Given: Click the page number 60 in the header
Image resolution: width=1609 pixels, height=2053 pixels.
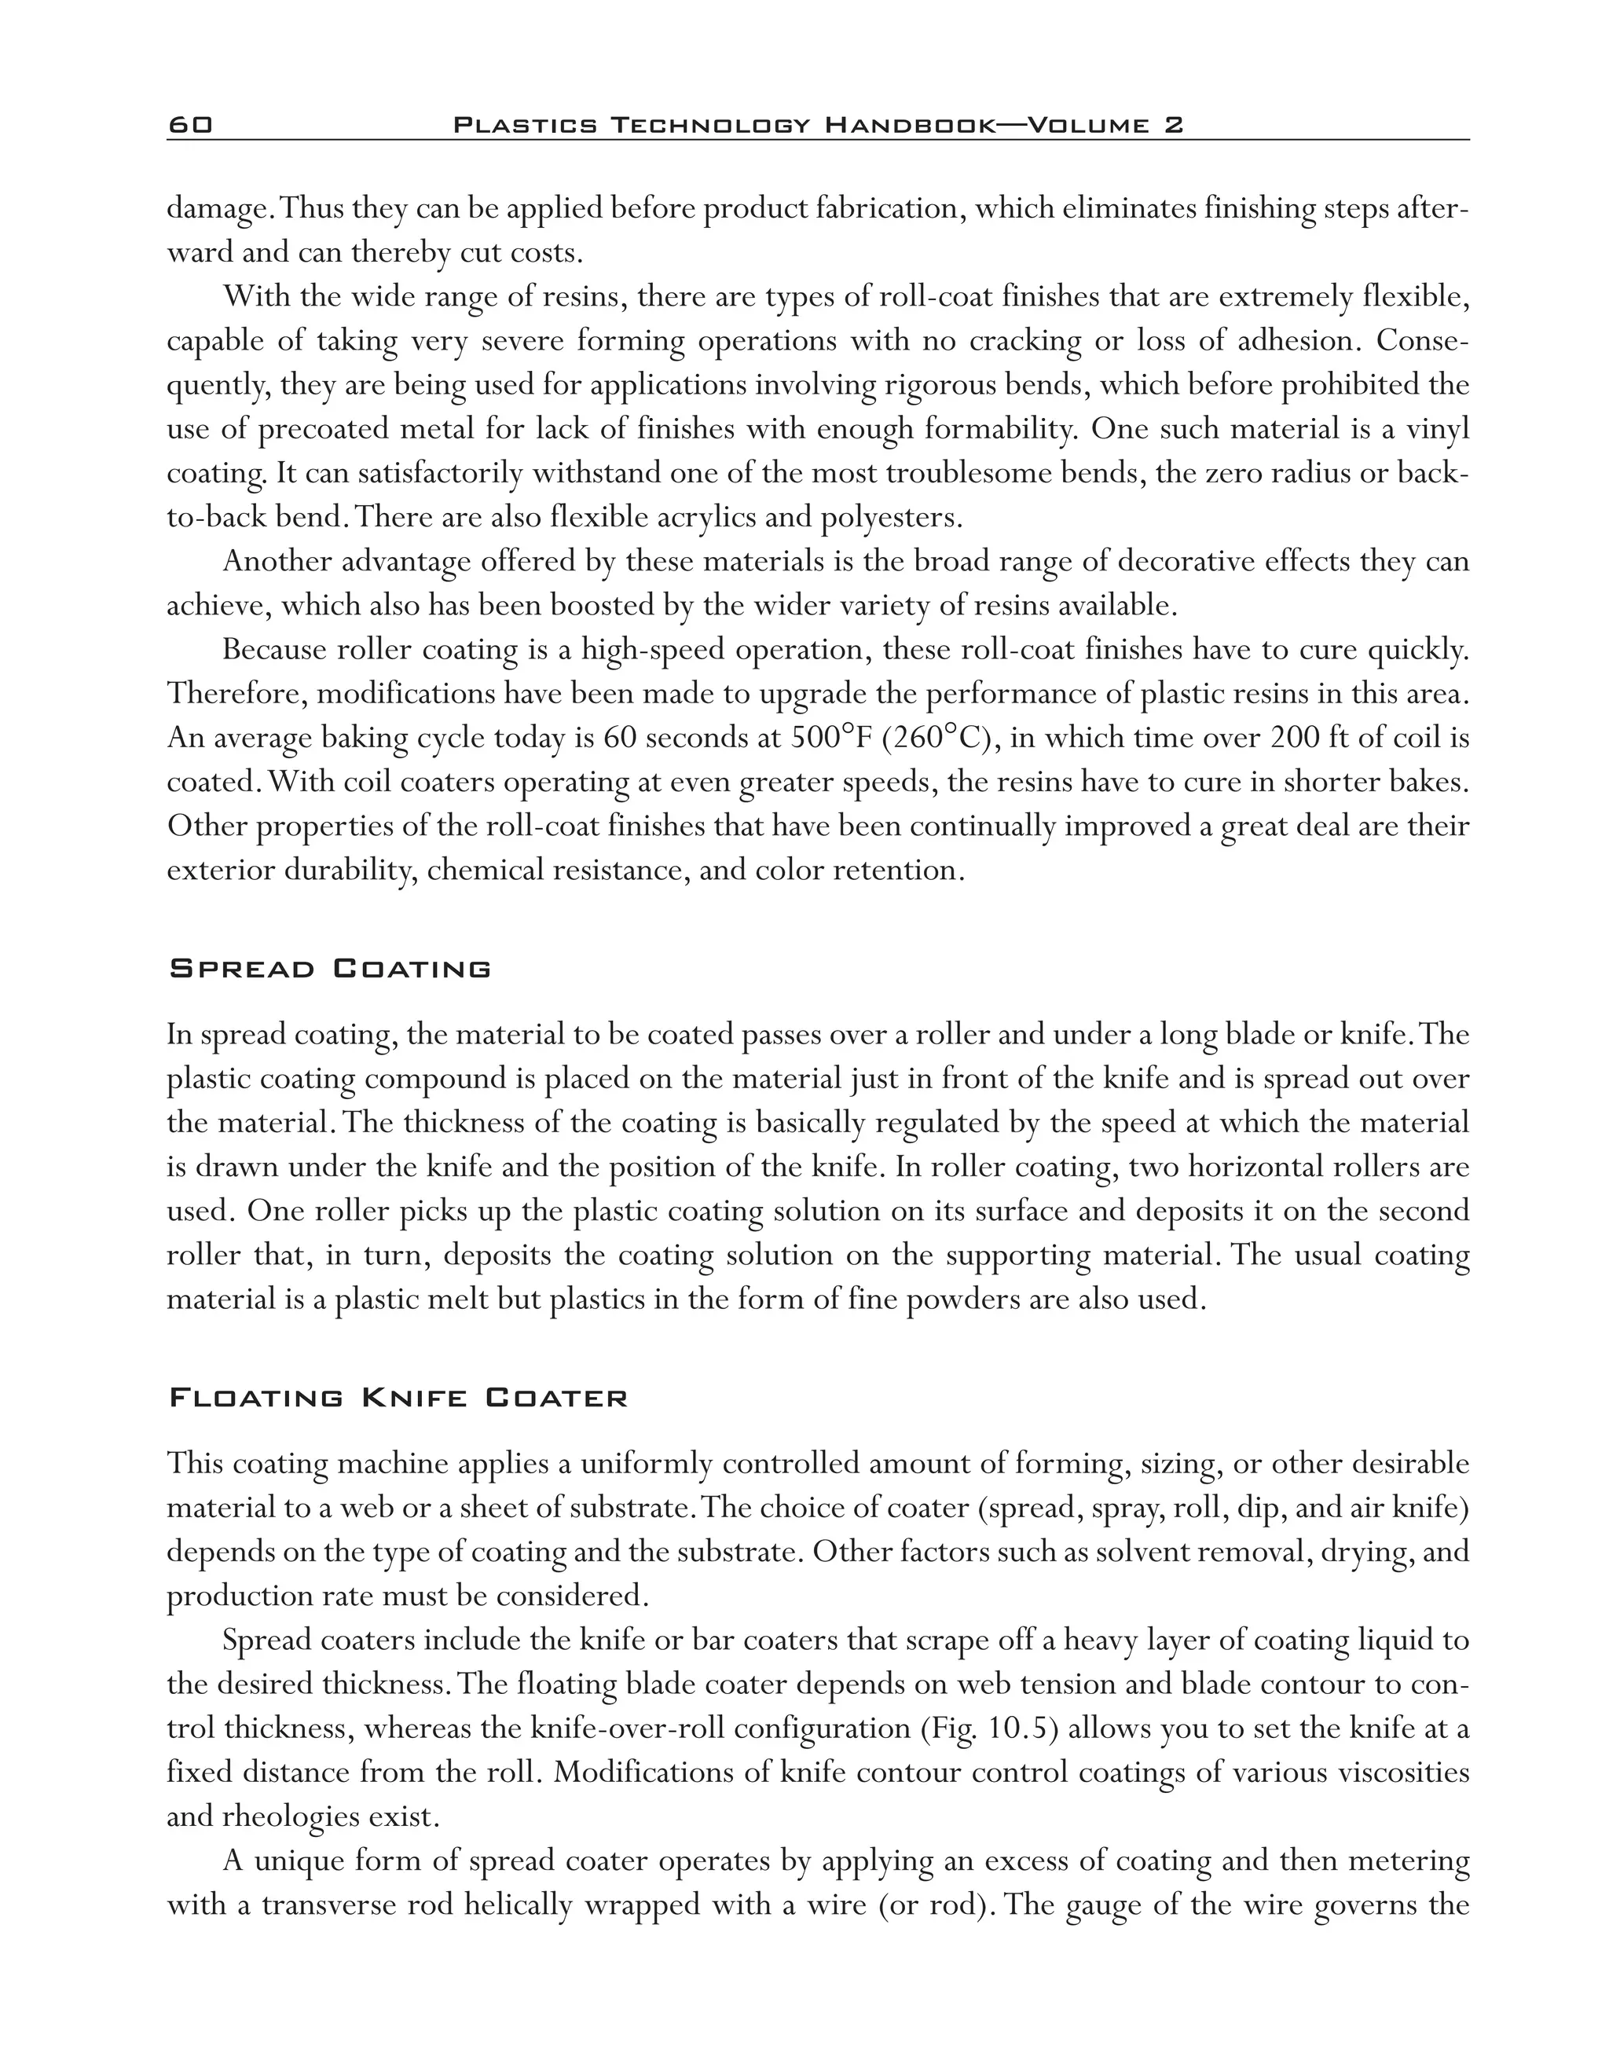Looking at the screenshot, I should click(x=190, y=125).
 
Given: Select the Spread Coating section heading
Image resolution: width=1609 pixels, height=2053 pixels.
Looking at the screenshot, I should click(x=330, y=970).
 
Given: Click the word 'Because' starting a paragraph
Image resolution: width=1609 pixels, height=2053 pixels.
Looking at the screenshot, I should click(x=274, y=649).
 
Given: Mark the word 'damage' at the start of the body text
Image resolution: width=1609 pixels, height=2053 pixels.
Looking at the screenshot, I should click(x=214, y=208).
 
